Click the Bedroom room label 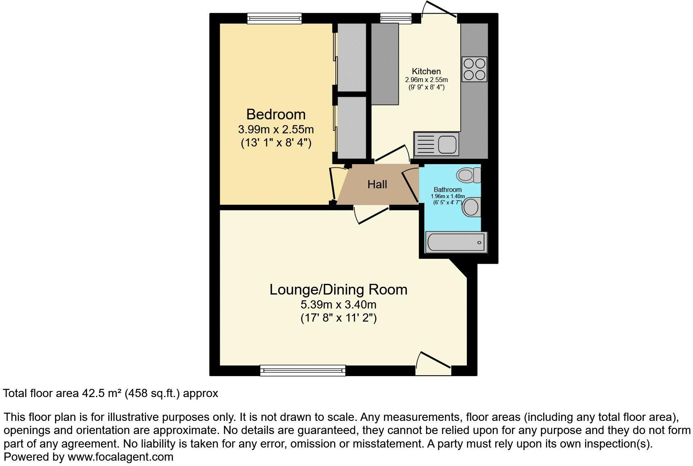tap(275, 114)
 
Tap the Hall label tap(377, 185)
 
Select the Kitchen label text tap(426, 71)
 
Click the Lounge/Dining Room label tap(338, 290)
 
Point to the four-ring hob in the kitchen tap(474, 69)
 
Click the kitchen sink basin tap(447, 144)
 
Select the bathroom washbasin tap(471, 207)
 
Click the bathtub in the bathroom tap(456, 242)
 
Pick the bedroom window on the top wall tap(274, 18)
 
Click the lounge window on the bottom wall tap(303, 370)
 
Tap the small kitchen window tap(395, 18)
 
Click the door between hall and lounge tap(372, 215)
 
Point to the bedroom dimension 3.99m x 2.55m tap(275, 130)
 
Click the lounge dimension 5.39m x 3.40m tap(338, 305)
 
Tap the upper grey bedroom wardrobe tap(351, 57)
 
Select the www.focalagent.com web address tap(120, 457)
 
